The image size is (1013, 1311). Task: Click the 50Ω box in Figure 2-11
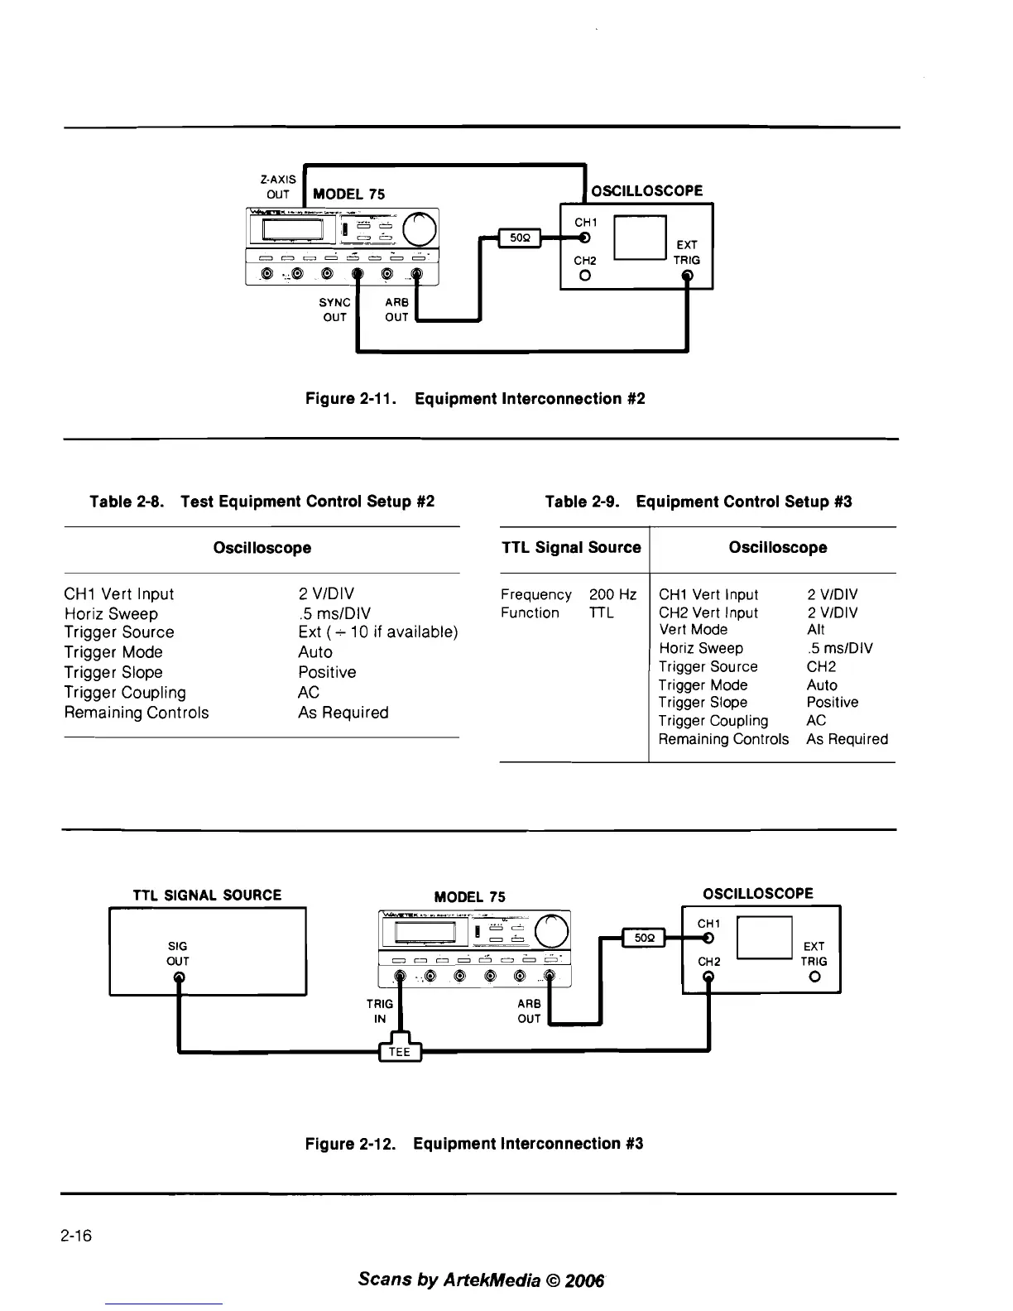point(519,238)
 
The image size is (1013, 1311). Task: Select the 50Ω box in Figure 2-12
point(645,939)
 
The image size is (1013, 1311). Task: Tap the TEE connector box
point(400,1052)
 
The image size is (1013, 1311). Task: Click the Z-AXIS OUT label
point(277,187)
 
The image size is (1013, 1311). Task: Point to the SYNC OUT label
point(334,310)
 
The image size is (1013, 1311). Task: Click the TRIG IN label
point(379,1011)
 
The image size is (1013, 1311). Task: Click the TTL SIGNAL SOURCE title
point(207,895)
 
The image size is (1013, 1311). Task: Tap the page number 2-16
point(75,1237)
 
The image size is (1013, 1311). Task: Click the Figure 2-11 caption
point(475,399)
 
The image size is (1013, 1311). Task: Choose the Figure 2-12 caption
point(474,1144)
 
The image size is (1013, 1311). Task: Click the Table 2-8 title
point(262,502)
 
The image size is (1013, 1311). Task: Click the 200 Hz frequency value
point(612,594)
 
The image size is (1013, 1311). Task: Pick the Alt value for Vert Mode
point(815,630)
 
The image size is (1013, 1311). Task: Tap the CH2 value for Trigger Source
point(821,666)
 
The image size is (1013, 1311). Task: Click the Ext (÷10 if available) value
point(377,632)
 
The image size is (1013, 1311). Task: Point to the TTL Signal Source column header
point(571,547)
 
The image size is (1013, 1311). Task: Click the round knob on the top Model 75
point(419,228)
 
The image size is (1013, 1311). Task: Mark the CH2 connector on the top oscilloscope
point(585,276)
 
